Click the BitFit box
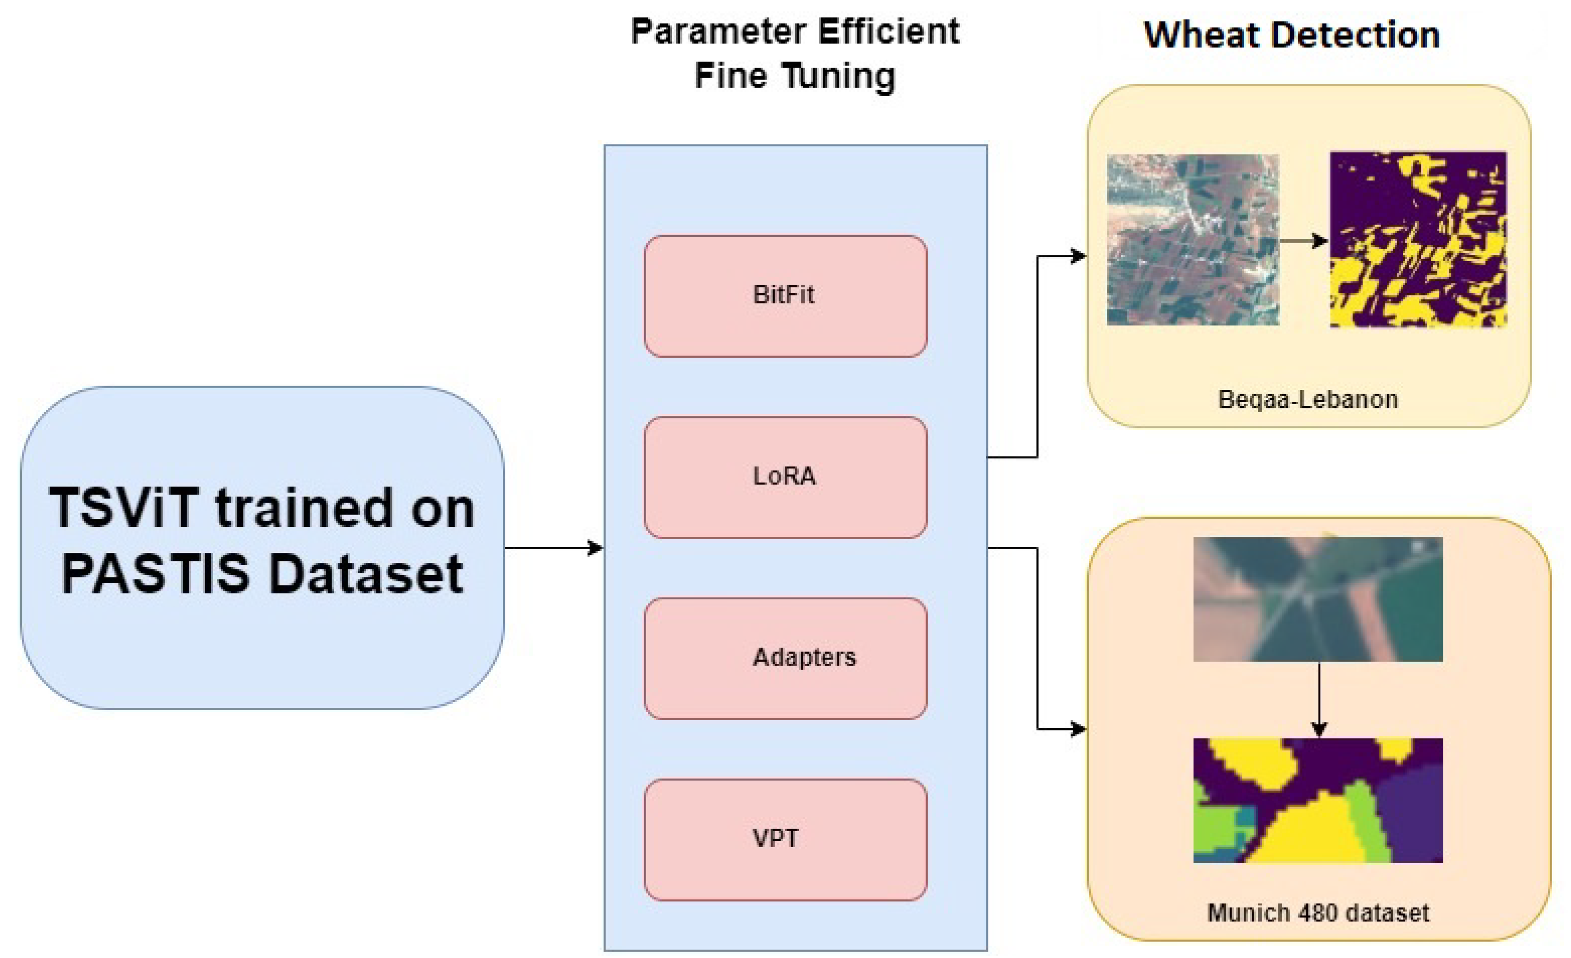pos(785,296)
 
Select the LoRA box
pos(785,477)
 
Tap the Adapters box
pos(785,658)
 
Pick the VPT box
pos(785,840)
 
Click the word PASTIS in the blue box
pos(155,574)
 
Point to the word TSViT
pos(124,508)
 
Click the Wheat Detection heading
pos(1292,35)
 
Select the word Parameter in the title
pos(719,32)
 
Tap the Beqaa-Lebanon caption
pos(1308,399)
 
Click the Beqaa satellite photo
pos(1192,240)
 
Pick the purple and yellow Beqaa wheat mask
pos(1418,240)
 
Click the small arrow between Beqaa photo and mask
pos(1304,241)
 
